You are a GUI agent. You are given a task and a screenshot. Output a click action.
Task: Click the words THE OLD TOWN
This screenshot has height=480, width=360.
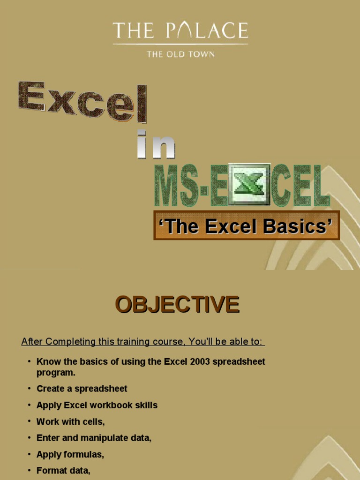[x=180, y=54]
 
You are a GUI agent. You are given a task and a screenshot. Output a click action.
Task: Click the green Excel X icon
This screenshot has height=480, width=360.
[x=249, y=184]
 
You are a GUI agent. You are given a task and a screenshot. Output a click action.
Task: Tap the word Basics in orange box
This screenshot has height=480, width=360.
[x=294, y=226]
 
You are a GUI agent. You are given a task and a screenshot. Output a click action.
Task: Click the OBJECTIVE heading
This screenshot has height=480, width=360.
[x=177, y=305]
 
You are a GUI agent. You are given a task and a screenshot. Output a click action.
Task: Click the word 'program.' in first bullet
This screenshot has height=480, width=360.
[x=56, y=373]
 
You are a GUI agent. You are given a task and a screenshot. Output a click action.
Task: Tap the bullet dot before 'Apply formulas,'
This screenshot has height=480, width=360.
[x=29, y=454]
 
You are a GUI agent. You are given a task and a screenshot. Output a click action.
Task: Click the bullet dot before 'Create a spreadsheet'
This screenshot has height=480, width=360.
[x=29, y=389]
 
